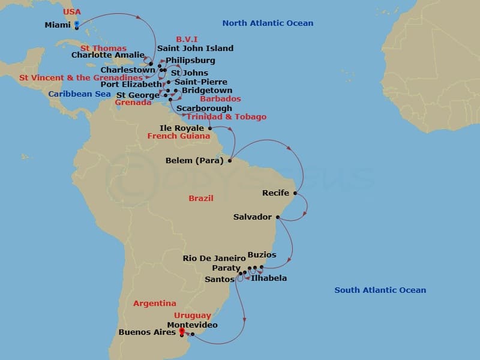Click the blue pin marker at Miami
76,25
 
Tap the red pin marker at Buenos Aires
181,331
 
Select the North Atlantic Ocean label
268,23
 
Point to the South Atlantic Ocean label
380,290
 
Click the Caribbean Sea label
79,94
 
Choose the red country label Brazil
200,198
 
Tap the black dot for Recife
295,193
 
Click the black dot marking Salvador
277,217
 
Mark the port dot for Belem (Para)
230,161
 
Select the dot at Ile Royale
210,128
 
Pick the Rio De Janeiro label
214,259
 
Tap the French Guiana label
179,136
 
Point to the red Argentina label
155,304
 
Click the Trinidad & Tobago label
226,117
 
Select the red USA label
72,12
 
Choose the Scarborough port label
204,109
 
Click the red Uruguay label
193,316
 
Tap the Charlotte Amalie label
107,55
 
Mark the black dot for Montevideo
193,334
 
